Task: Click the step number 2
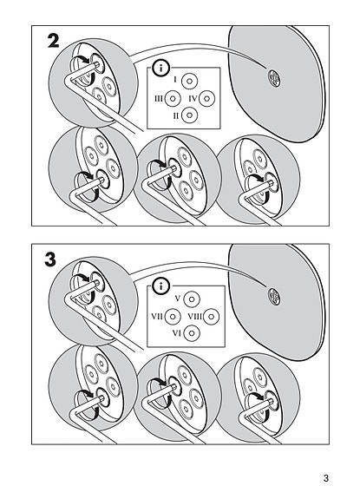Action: [x=54, y=41]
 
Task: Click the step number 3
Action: [x=50, y=259]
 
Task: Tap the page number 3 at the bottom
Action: [x=325, y=478]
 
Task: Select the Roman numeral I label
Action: [x=175, y=79]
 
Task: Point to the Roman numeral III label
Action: [x=159, y=99]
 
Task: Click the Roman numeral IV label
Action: [x=193, y=99]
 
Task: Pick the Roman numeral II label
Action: [x=176, y=115]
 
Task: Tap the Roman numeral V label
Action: [x=178, y=299]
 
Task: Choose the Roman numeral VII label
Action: [x=157, y=317]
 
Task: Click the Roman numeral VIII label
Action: [x=195, y=317]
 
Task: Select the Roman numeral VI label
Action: [x=177, y=333]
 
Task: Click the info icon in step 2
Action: [x=161, y=68]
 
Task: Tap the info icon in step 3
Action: [x=161, y=286]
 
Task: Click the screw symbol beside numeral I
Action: [x=189, y=82]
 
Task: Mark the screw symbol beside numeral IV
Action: [x=206, y=99]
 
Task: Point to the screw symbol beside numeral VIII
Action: [x=211, y=317]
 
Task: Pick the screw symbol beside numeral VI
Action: [x=192, y=333]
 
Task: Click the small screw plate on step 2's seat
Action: [x=274, y=78]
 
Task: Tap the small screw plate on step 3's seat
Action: [x=274, y=297]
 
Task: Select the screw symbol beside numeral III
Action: [x=173, y=99]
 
